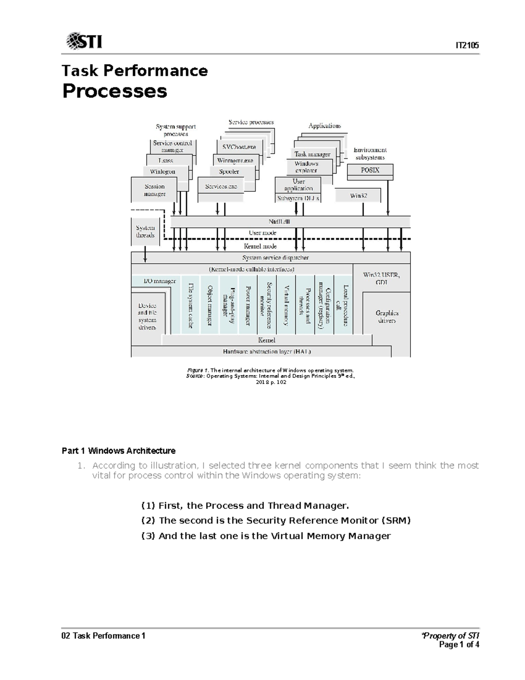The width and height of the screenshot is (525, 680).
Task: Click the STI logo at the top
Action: [84, 41]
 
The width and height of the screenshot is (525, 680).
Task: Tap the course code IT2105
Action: [467, 46]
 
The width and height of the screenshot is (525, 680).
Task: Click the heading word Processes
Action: [115, 91]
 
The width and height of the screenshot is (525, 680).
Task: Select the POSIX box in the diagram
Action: [370, 170]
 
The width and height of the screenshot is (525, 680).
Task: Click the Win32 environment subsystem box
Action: [358, 196]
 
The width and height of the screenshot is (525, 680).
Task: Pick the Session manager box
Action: [154, 190]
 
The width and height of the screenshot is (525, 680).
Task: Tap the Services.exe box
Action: [221, 187]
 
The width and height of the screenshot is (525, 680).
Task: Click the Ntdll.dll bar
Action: [279, 222]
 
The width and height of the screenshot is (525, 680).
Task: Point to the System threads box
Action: [145, 232]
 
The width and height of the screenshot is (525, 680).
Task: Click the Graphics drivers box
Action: [387, 317]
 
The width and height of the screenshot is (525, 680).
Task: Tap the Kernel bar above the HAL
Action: [267, 340]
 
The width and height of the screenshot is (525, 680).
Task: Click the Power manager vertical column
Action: [248, 305]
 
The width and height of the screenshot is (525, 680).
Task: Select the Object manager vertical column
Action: [210, 305]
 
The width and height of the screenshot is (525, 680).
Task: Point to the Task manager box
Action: [312, 154]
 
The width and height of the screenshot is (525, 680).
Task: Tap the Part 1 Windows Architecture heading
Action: [119, 451]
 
